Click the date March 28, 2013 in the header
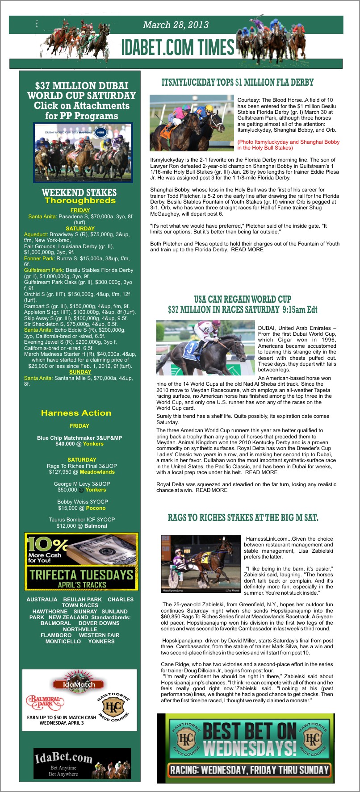(x=176, y=25)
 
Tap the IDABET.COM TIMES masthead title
(x=178, y=47)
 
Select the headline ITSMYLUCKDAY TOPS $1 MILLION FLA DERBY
(x=237, y=83)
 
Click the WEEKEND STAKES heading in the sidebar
(x=79, y=192)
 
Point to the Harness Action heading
(x=76, y=413)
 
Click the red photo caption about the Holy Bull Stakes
(x=288, y=145)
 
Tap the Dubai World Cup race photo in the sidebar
(x=83, y=153)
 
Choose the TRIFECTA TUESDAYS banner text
(x=81, y=575)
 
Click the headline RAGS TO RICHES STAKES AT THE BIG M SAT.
(x=243, y=518)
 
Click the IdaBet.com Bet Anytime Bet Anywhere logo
(x=82, y=763)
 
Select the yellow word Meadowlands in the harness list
(x=97, y=472)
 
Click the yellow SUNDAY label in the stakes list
(x=80, y=372)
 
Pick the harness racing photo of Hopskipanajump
(x=201, y=564)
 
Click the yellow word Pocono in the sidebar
(x=96, y=508)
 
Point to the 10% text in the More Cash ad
(x=47, y=545)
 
